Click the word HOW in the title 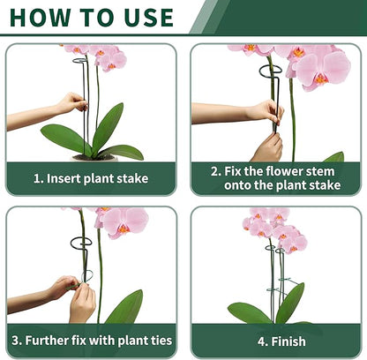pos(41,17)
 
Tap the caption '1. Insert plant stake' pos(91,178)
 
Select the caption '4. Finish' pos(281,341)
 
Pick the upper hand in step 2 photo pos(264,111)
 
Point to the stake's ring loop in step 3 pos(81,243)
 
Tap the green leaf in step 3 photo pos(125,309)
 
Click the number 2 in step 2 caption pos(214,170)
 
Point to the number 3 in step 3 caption pos(16,341)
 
